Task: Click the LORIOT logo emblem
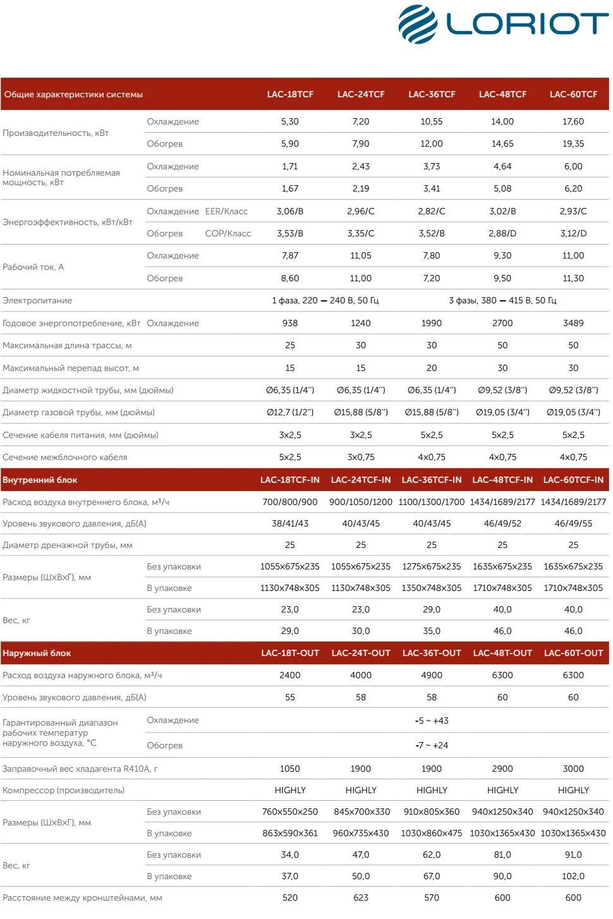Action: [418, 24]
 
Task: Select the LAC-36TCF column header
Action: [432, 94]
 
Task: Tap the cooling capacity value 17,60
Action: [573, 121]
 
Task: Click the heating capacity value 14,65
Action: [502, 143]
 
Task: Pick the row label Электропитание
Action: [37, 300]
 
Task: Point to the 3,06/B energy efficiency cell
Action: [290, 211]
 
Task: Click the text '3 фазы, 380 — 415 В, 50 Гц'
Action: [502, 300]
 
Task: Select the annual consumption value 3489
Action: [573, 323]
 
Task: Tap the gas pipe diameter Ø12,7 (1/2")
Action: [290, 412]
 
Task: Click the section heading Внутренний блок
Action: [40, 480]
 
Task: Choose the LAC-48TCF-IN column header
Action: [502, 480]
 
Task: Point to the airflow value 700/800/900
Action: [290, 502]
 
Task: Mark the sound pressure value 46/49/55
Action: [573, 523]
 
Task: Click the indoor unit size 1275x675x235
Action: [432, 566]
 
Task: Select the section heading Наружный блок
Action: [37, 653]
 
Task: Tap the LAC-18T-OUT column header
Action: [290, 653]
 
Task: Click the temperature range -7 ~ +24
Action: [432, 745]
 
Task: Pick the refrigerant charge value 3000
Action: [573, 769]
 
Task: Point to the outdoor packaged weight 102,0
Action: [573, 876]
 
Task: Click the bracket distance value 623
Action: [361, 898]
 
